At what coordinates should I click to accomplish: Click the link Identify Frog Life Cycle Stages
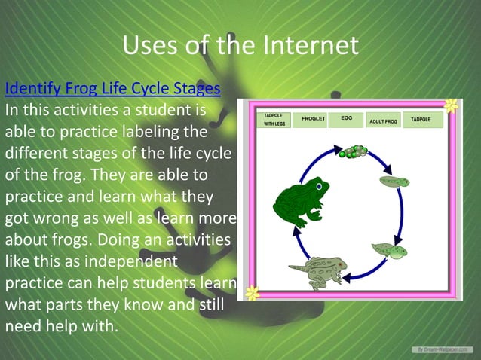(112, 89)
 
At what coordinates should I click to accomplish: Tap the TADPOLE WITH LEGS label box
(273, 121)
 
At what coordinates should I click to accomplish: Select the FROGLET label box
(313, 120)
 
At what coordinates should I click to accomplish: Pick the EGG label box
(347, 119)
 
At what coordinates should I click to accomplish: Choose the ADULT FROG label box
(383, 121)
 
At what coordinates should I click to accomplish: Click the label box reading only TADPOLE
(421, 120)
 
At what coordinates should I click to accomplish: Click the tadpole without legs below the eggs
(394, 182)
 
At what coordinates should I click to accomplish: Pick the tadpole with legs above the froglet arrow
(389, 250)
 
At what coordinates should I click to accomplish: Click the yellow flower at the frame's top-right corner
(450, 106)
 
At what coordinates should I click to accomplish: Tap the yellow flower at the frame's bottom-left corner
(252, 294)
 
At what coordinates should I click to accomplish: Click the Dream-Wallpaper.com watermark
(442, 349)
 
